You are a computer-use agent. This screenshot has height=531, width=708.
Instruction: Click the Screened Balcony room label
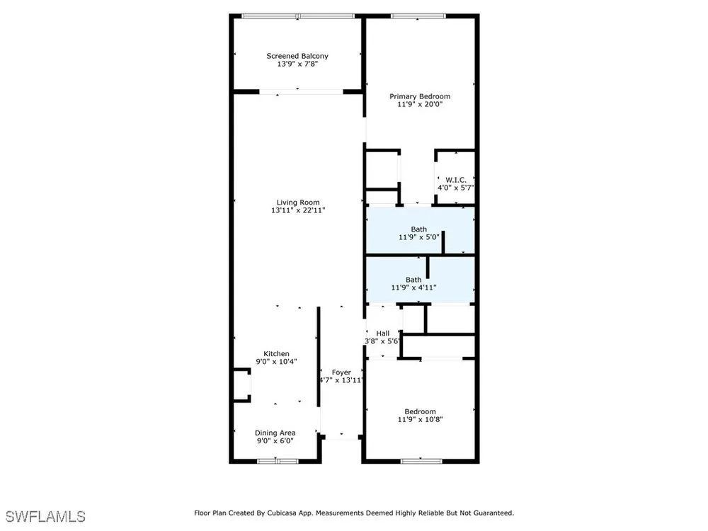coord(297,56)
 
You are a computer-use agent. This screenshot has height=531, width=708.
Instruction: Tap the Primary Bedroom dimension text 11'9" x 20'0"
coord(420,104)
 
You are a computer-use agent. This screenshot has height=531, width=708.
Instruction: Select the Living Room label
coord(298,202)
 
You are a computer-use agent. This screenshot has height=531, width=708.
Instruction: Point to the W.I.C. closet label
coord(456,180)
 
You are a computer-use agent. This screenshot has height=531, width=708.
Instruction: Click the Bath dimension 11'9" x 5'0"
coord(419,237)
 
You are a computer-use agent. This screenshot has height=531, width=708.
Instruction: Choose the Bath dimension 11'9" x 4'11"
coord(413,287)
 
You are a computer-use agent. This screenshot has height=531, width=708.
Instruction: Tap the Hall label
coord(383,333)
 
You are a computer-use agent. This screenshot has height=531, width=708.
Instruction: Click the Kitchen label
coord(276,354)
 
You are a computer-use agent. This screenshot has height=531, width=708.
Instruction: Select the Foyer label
coord(341,372)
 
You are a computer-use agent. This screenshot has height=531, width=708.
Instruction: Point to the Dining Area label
coord(275,433)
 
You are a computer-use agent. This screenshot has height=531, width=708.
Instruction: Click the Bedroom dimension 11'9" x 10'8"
coord(420,419)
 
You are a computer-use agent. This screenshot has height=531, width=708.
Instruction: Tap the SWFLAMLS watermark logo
coord(45,517)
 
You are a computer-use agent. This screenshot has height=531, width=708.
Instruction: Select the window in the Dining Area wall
coord(278,461)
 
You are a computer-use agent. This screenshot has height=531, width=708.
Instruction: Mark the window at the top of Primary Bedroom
coord(418,16)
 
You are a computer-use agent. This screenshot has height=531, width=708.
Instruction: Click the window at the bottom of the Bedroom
coord(421,461)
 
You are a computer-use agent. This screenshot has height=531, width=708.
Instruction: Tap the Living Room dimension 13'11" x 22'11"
coord(298,210)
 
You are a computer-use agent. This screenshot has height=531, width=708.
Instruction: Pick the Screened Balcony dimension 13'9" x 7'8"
coord(297,64)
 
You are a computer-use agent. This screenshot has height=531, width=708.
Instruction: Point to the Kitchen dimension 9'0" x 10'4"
coord(276,362)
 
